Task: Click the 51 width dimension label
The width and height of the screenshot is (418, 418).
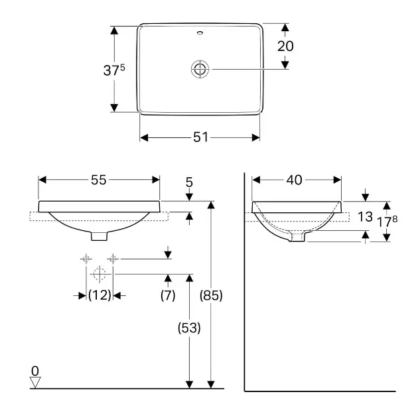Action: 200,137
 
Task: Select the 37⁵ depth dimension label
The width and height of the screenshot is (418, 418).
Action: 114,70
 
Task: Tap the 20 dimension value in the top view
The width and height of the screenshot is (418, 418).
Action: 285,46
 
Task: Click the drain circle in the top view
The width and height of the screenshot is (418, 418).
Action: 200,70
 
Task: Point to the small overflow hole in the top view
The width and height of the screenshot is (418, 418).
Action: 200,33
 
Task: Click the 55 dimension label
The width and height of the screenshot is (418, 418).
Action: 99,180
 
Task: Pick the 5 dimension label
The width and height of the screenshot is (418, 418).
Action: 189,182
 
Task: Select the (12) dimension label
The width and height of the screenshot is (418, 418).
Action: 100,295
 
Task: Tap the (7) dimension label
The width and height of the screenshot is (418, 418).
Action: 168,295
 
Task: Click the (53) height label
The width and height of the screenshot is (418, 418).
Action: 189,328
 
